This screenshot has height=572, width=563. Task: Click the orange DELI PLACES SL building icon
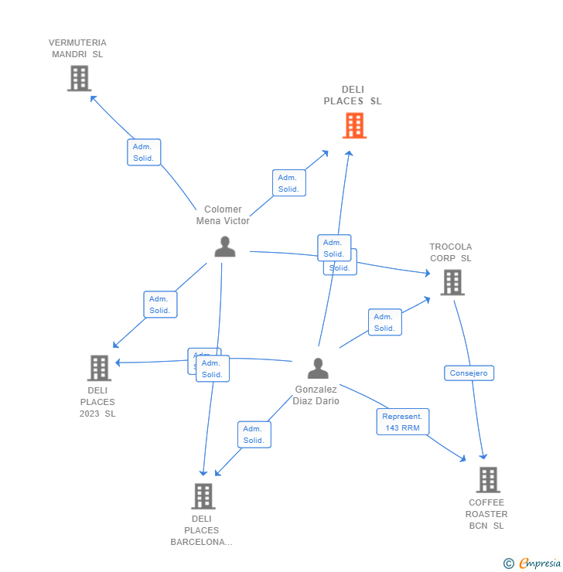click(x=354, y=125)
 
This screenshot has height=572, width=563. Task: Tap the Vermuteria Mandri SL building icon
click(x=79, y=78)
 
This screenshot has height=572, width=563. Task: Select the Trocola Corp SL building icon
click(x=452, y=282)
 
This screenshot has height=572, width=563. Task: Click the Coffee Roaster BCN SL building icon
click(x=488, y=479)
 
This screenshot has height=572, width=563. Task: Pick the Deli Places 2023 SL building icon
click(x=99, y=368)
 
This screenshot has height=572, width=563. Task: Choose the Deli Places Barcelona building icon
click(x=203, y=496)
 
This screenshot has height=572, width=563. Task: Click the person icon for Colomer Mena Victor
click(x=225, y=247)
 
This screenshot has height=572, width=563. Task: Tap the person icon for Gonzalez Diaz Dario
click(x=318, y=368)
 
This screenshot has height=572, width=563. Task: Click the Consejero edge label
click(x=469, y=373)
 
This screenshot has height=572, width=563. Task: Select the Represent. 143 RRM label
click(x=403, y=422)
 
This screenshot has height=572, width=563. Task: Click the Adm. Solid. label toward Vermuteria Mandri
click(x=144, y=152)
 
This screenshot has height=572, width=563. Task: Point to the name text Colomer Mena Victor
click(x=223, y=215)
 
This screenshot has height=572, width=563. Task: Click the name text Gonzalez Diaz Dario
click(x=316, y=395)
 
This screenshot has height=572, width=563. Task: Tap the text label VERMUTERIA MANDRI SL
click(x=77, y=49)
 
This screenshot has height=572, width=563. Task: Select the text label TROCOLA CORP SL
click(x=451, y=253)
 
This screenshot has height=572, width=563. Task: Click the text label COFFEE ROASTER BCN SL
click(x=487, y=514)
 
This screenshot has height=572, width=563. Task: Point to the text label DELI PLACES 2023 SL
click(x=97, y=402)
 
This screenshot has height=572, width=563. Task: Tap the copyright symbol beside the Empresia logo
click(x=509, y=564)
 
